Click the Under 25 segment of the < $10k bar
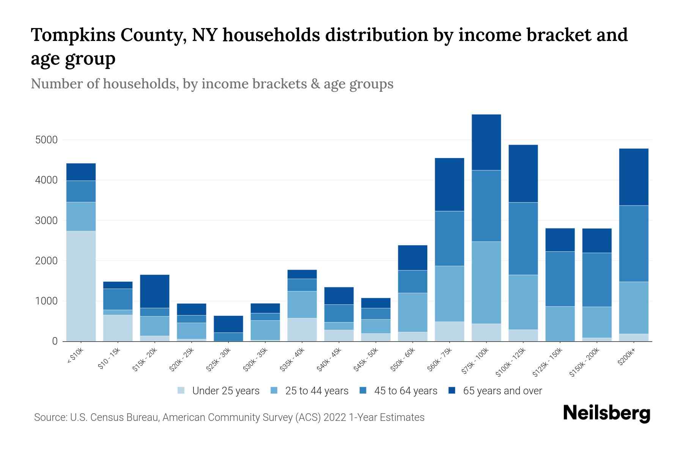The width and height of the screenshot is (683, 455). (x=81, y=286)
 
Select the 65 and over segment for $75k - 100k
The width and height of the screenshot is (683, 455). (x=486, y=142)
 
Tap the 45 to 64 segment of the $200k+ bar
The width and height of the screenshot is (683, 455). (x=634, y=243)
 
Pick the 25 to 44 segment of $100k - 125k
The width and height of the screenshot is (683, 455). (x=523, y=302)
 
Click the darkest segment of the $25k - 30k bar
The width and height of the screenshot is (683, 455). (x=228, y=324)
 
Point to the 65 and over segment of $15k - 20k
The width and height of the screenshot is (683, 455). (x=154, y=291)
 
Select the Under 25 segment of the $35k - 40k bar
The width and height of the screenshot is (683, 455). (x=302, y=329)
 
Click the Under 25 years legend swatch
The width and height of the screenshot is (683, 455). (x=181, y=391)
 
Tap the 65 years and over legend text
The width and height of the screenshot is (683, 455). (x=502, y=391)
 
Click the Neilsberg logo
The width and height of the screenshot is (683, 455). (x=606, y=413)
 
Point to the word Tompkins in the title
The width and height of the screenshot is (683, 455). (x=72, y=35)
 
